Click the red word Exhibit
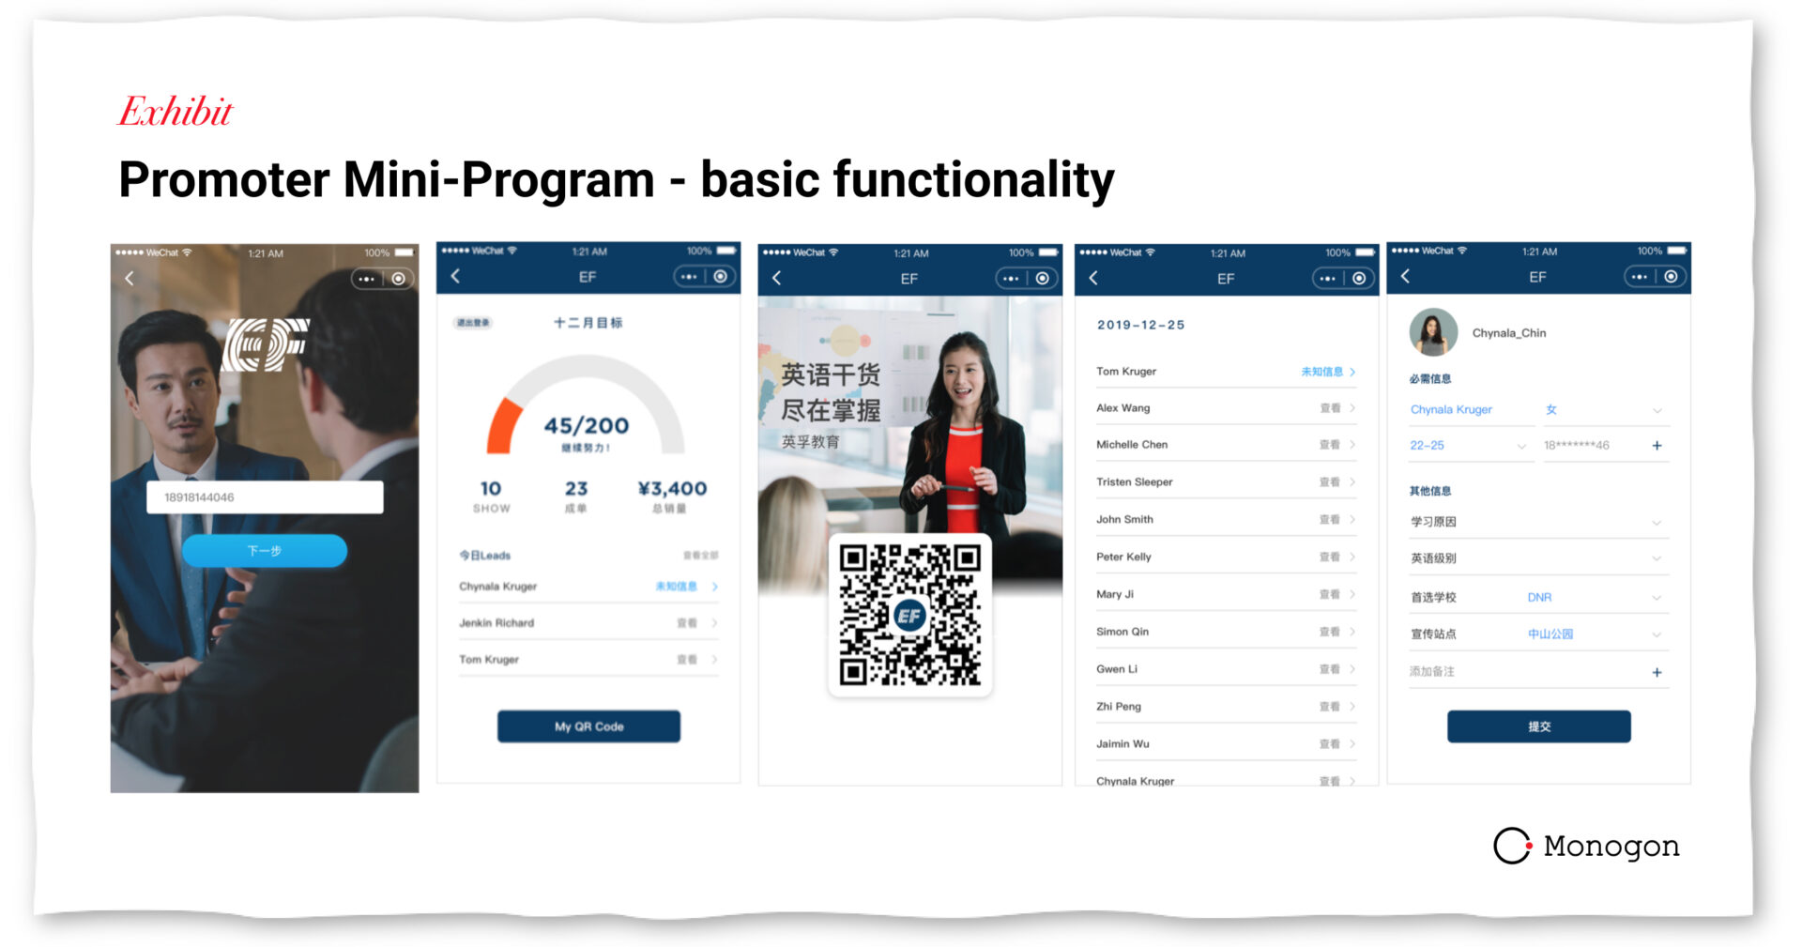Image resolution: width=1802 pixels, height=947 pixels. coord(176,112)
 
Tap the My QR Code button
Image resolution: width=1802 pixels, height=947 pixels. coord(588,726)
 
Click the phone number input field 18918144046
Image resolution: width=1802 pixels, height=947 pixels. coord(265,497)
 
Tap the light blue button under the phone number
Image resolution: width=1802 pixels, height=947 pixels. coord(265,551)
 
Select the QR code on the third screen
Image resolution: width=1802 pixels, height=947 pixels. coord(909,616)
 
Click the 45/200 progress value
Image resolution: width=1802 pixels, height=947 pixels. coord(587,426)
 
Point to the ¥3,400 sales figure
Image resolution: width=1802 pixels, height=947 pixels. coord(672,489)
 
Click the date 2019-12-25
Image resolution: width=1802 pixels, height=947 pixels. coord(1140,325)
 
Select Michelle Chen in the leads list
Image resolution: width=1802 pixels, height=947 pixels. coord(1132,445)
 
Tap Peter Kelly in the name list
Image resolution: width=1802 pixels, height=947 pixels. coord(1123,557)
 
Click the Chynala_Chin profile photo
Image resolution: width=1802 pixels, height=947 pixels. coord(1433,332)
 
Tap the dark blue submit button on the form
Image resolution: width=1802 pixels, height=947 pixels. coord(1538,726)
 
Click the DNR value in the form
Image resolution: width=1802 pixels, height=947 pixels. coord(1539,597)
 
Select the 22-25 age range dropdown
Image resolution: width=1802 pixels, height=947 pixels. coord(1468,446)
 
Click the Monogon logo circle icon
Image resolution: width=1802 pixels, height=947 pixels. coord(1512,846)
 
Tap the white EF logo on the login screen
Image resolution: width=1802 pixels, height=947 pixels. coord(267,344)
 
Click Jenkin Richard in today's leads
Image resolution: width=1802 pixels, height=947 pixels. coord(496,623)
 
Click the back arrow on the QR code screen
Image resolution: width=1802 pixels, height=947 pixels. coord(777,278)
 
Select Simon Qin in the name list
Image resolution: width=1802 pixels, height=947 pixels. coord(1122,632)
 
